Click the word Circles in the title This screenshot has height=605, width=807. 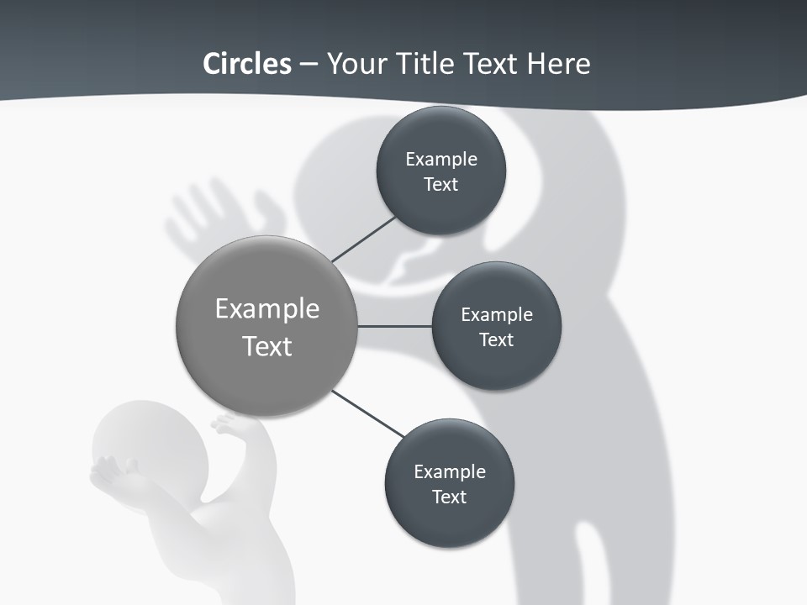click(246, 63)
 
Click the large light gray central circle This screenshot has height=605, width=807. click(267, 277)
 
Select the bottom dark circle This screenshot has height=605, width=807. click(450, 521)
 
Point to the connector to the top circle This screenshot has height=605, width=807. click(364, 239)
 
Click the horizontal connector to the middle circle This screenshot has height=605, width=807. click(394, 326)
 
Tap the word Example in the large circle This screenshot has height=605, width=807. click(267, 309)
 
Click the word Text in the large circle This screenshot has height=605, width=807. click(267, 346)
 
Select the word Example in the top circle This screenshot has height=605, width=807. click(441, 160)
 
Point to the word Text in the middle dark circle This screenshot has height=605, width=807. click(497, 339)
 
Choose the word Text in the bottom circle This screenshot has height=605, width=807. click(450, 497)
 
